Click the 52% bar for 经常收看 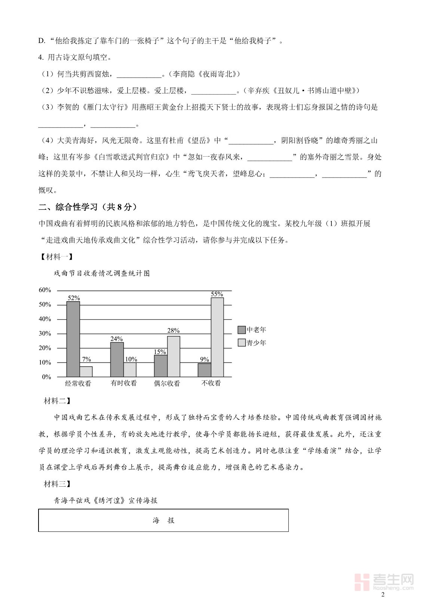73,339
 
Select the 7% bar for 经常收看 86,372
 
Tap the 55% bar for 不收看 217,337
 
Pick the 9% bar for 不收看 204,370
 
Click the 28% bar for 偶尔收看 174,357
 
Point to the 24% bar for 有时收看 117,360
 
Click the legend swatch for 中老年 242,330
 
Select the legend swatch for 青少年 242,343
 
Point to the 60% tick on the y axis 45,290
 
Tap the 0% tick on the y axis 46,377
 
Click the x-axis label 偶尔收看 167,383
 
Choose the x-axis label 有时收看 124,383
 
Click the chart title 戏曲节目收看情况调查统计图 102,274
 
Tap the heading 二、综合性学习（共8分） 88,207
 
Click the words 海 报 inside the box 163,520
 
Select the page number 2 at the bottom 382,595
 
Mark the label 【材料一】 56,257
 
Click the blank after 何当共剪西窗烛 139,75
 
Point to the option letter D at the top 41,41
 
